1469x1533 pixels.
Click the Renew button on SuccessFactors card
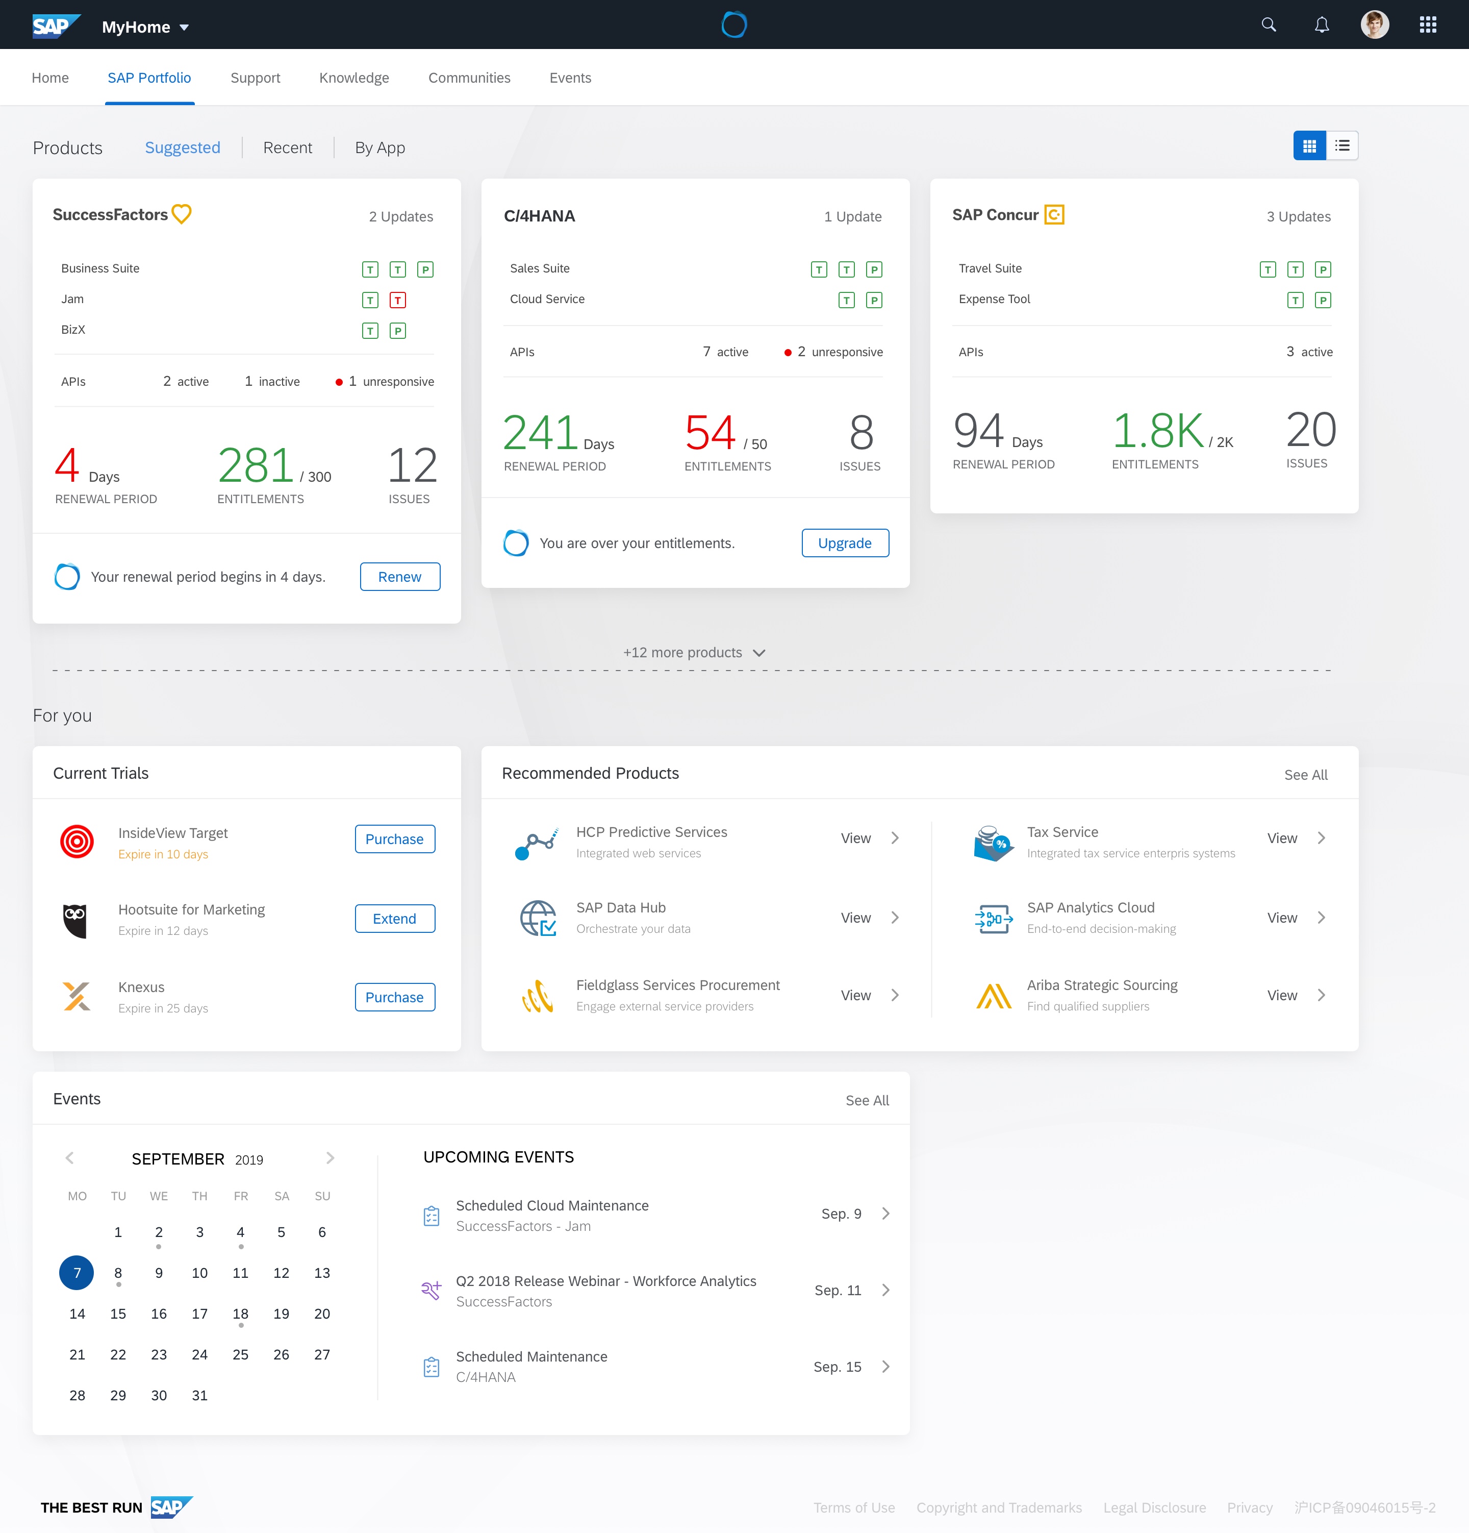pos(399,577)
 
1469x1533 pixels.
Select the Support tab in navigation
pos(255,78)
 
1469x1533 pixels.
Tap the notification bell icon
pos(1321,25)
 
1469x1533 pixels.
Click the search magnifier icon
pos(1268,25)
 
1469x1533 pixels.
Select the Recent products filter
pos(287,148)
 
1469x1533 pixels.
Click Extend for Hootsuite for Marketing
pos(394,918)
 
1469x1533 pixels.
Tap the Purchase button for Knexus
pos(394,997)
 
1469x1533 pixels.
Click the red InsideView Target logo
pos(77,842)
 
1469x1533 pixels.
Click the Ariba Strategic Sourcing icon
pos(993,996)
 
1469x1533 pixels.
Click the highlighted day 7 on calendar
pos(77,1273)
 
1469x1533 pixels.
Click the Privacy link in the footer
pos(1249,1507)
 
